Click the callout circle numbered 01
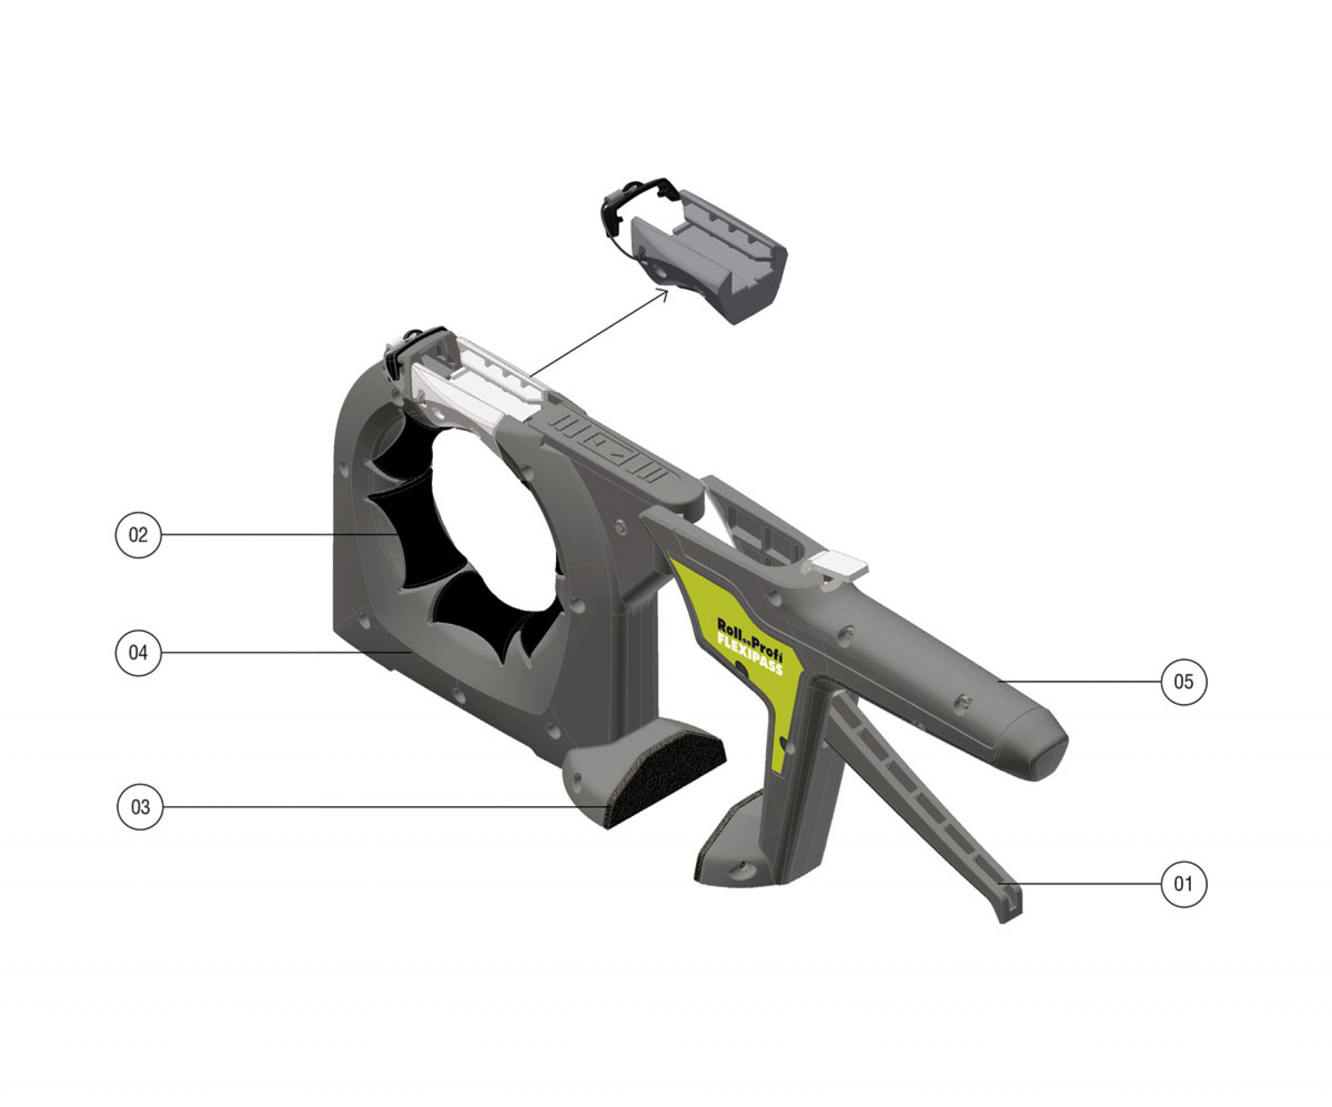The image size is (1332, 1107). pyautogui.click(x=1184, y=884)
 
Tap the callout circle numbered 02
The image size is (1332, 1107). pyautogui.click(x=138, y=535)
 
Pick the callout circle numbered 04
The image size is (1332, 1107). pyautogui.click(x=138, y=653)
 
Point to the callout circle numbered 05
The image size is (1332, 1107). pyautogui.click(x=1184, y=682)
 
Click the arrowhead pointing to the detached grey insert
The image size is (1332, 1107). pyautogui.click(x=662, y=294)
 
